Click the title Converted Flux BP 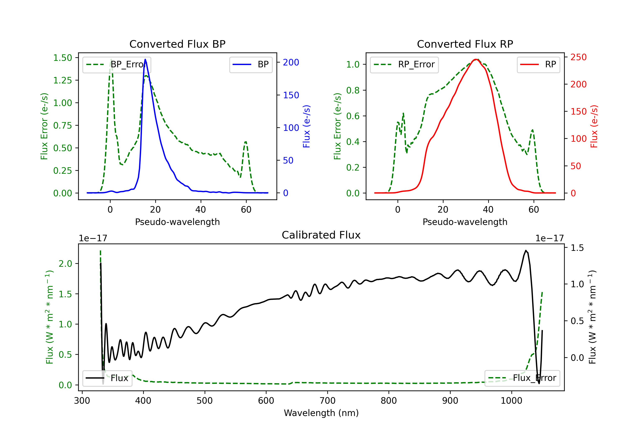177,44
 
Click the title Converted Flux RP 465,44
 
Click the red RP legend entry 538,64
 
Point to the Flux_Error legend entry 522,378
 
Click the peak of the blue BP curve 145,59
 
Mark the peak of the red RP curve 476,59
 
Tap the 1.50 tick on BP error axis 62,58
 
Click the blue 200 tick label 291,63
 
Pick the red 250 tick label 578,57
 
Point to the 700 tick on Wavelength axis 327,401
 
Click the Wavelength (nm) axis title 321,413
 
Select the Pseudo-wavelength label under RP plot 465,222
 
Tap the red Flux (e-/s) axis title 594,126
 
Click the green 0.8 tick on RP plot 353,91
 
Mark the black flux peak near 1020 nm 526,250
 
